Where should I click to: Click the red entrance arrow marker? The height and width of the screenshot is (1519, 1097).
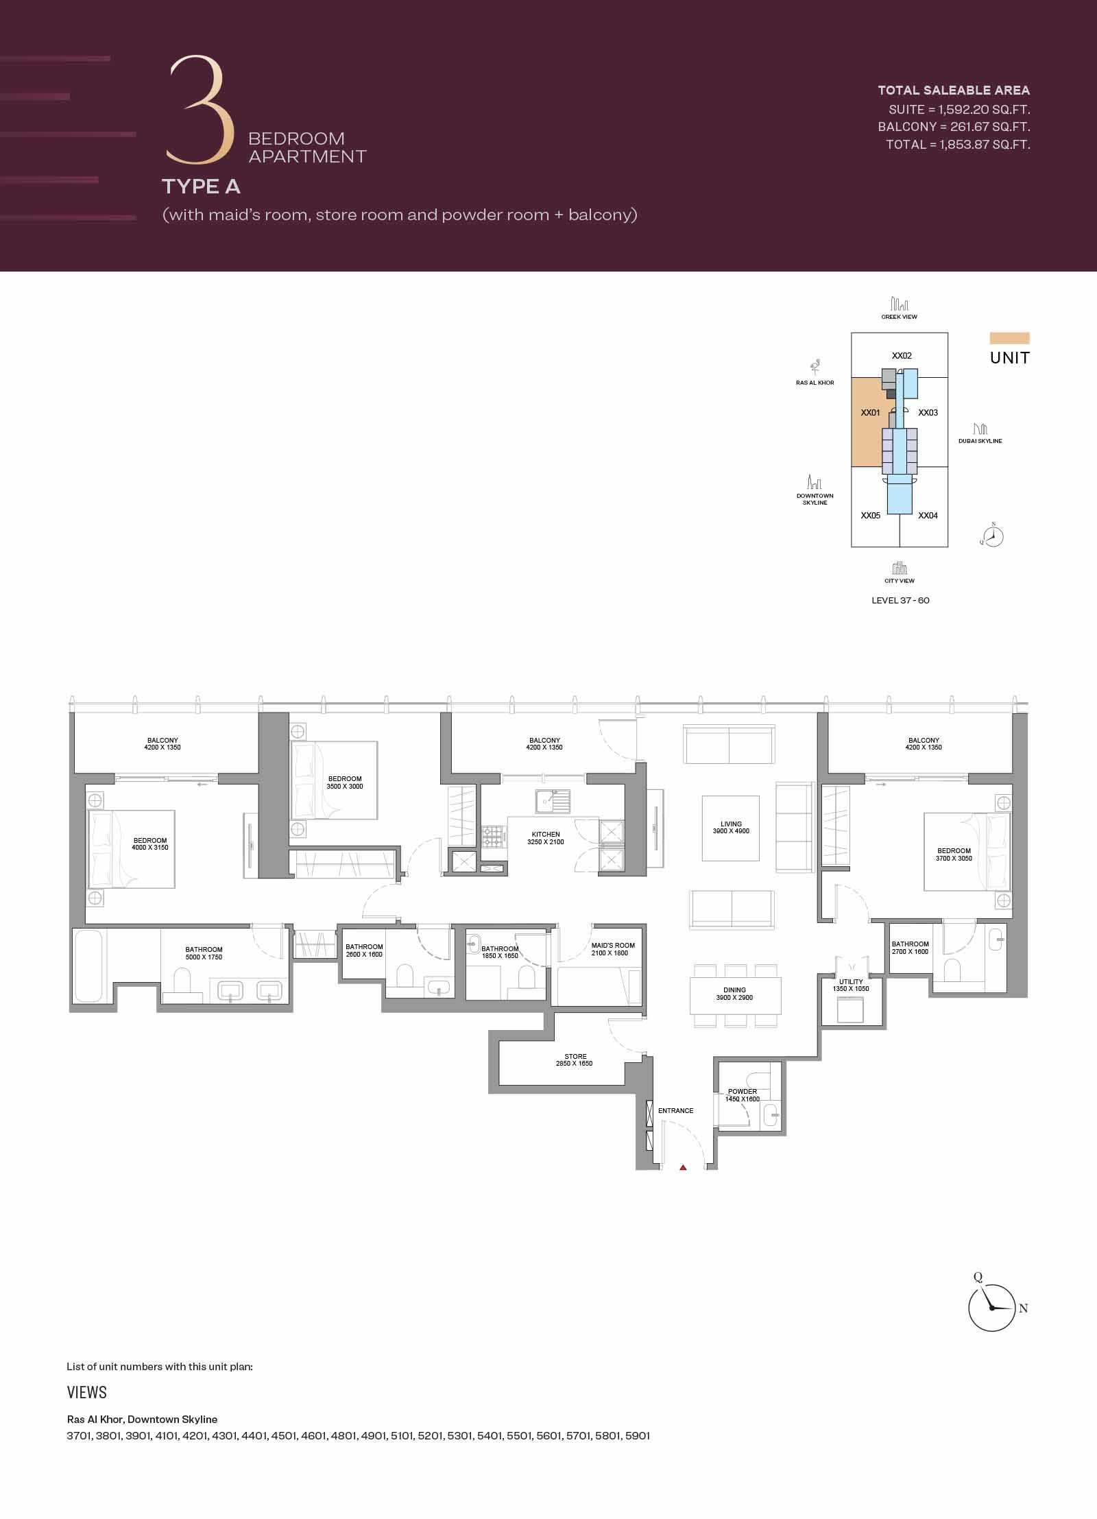683,1167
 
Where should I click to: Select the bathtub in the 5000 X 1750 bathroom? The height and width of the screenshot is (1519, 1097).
89,965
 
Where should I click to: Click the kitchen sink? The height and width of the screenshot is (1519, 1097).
553,800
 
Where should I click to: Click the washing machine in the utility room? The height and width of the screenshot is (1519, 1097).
850,1010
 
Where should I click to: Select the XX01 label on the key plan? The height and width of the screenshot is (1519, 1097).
870,413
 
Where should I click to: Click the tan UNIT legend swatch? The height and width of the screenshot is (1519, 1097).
1009,338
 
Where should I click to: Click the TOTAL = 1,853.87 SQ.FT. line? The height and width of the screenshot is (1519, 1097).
958,145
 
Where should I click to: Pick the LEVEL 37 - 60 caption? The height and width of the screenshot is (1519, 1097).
900,601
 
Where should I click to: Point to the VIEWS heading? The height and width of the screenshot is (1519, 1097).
87,1393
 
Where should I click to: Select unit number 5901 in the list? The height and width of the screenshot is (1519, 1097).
638,1436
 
